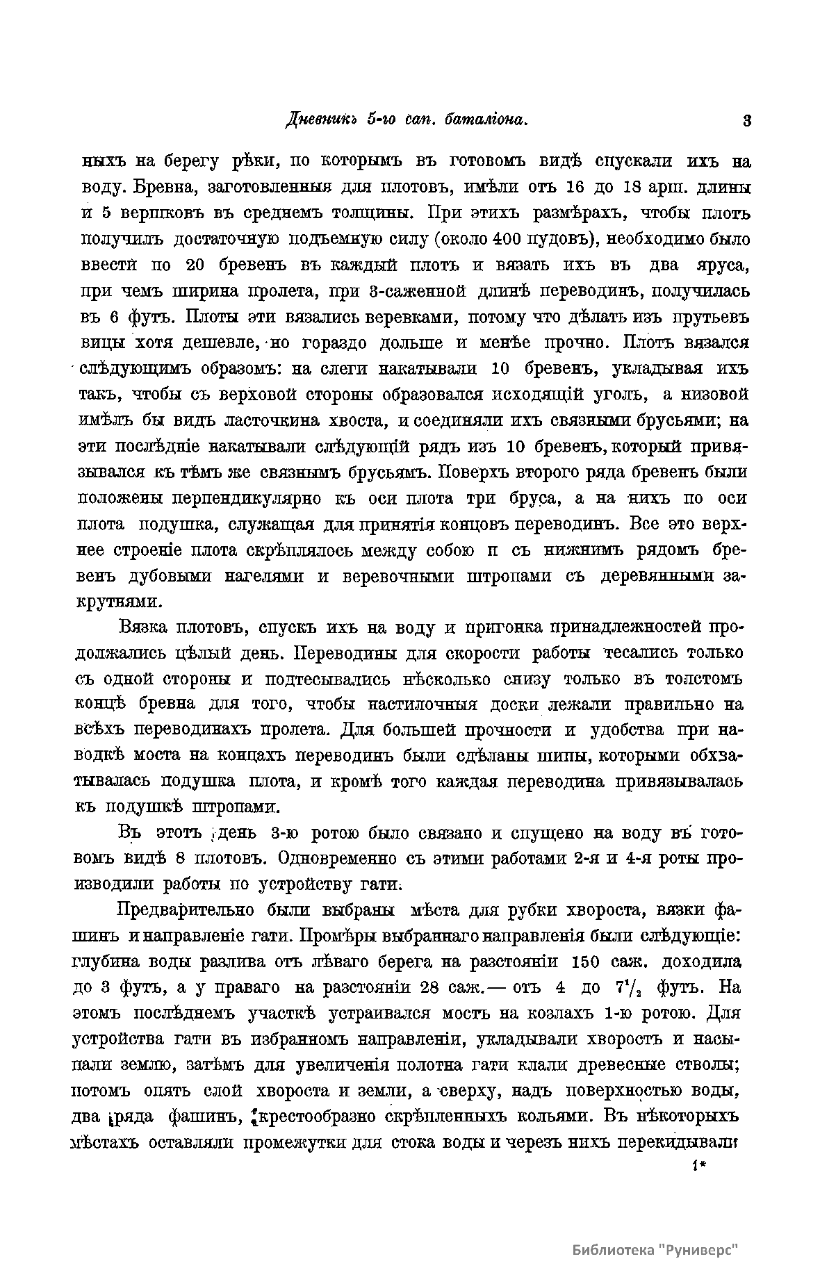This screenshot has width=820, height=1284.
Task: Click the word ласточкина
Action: coord(274,420)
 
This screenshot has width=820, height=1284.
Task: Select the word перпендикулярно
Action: coord(243,498)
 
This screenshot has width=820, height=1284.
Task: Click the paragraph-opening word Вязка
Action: coord(144,628)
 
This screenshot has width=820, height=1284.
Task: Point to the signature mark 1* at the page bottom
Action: coord(699,1168)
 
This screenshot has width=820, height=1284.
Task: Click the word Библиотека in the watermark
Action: coord(614,1249)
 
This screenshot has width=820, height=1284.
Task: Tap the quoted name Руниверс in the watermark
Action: coord(698,1249)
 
